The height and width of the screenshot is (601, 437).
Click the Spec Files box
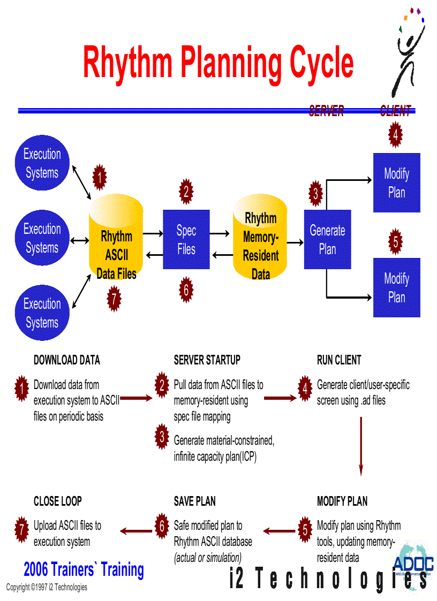point(186,240)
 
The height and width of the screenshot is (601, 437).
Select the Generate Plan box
point(327,239)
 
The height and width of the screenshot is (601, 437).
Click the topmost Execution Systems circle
point(42,163)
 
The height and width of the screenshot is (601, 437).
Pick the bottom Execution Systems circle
point(42,313)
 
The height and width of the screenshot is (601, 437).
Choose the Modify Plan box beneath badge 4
point(396,183)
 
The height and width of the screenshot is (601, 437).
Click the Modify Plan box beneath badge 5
point(396,288)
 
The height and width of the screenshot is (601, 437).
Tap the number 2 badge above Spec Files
point(186,191)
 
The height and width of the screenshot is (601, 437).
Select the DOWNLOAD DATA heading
point(67,360)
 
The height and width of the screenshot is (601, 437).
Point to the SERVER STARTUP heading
point(207,360)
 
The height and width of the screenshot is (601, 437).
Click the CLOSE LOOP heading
point(58,501)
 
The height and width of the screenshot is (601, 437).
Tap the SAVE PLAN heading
point(195,501)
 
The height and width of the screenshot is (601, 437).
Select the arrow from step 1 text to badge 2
point(138,398)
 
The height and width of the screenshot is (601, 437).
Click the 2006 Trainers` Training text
point(84,569)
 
